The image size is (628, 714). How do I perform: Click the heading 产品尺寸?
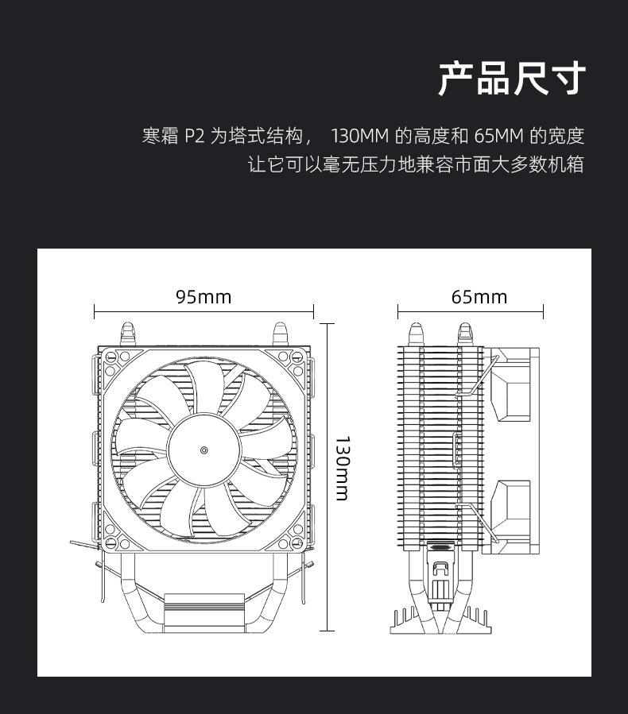pyautogui.click(x=512, y=79)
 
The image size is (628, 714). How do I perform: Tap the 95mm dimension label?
pyautogui.click(x=204, y=297)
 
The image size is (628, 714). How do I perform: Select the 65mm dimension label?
pyautogui.click(x=479, y=297)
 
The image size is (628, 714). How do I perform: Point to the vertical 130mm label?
pyautogui.click(x=342, y=468)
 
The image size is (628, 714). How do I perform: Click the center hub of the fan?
pyautogui.click(x=204, y=450)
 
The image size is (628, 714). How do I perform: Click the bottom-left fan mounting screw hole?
pyautogui.click(x=111, y=543)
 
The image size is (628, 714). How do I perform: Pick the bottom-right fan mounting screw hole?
pyautogui.click(x=297, y=543)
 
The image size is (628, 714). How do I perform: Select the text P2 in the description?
pyautogui.click(x=195, y=136)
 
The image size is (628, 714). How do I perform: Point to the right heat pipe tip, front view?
pyautogui.click(x=279, y=333)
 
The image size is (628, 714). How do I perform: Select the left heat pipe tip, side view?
pyautogui.click(x=416, y=333)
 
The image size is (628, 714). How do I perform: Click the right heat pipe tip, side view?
pyautogui.click(x=465, y=333)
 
